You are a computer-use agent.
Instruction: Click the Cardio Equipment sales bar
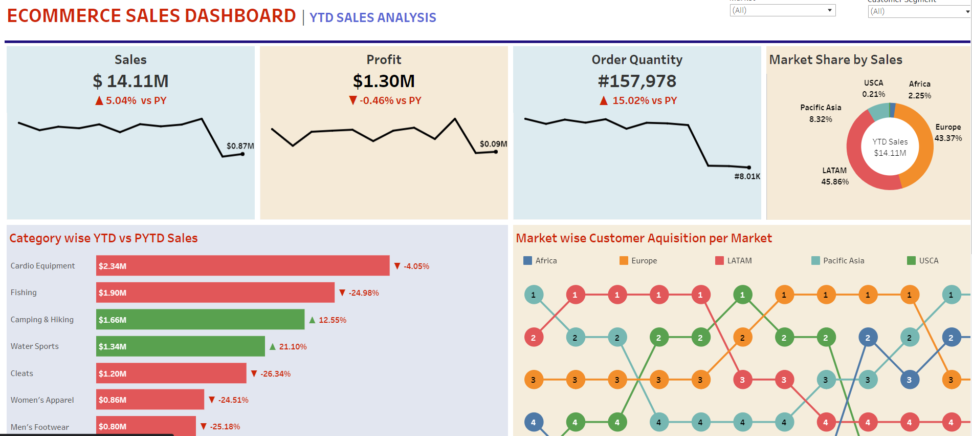pos(242,265)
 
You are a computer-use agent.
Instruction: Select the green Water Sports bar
pos(180,346)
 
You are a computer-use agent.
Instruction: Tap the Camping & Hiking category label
pos(42,320)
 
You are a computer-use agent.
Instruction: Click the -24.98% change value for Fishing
pos(364,293)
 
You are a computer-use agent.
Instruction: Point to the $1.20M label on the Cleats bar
pos(113,373)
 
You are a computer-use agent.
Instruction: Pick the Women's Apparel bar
pos(150,400)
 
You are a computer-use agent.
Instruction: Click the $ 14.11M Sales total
pos(130,81)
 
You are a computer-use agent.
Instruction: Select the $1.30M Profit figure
pos(384,81)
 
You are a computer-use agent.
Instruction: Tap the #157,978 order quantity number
pos(637,81)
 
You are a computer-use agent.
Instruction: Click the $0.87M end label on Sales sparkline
pos(240,146)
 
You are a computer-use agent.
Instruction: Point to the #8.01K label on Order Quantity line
pos(747,176)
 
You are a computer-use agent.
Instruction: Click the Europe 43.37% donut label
pos(948,133)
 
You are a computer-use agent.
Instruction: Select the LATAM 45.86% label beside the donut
pos(834,176)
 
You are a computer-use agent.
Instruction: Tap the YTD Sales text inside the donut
pos(890,142)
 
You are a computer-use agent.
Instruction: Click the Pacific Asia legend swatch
pos(815,260)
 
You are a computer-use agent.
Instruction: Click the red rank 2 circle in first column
pos(533,338)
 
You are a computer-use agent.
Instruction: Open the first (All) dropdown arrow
pos(829,10)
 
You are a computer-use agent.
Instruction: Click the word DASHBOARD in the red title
pos(240,16)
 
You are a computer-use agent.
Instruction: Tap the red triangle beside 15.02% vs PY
pos(604,100)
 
